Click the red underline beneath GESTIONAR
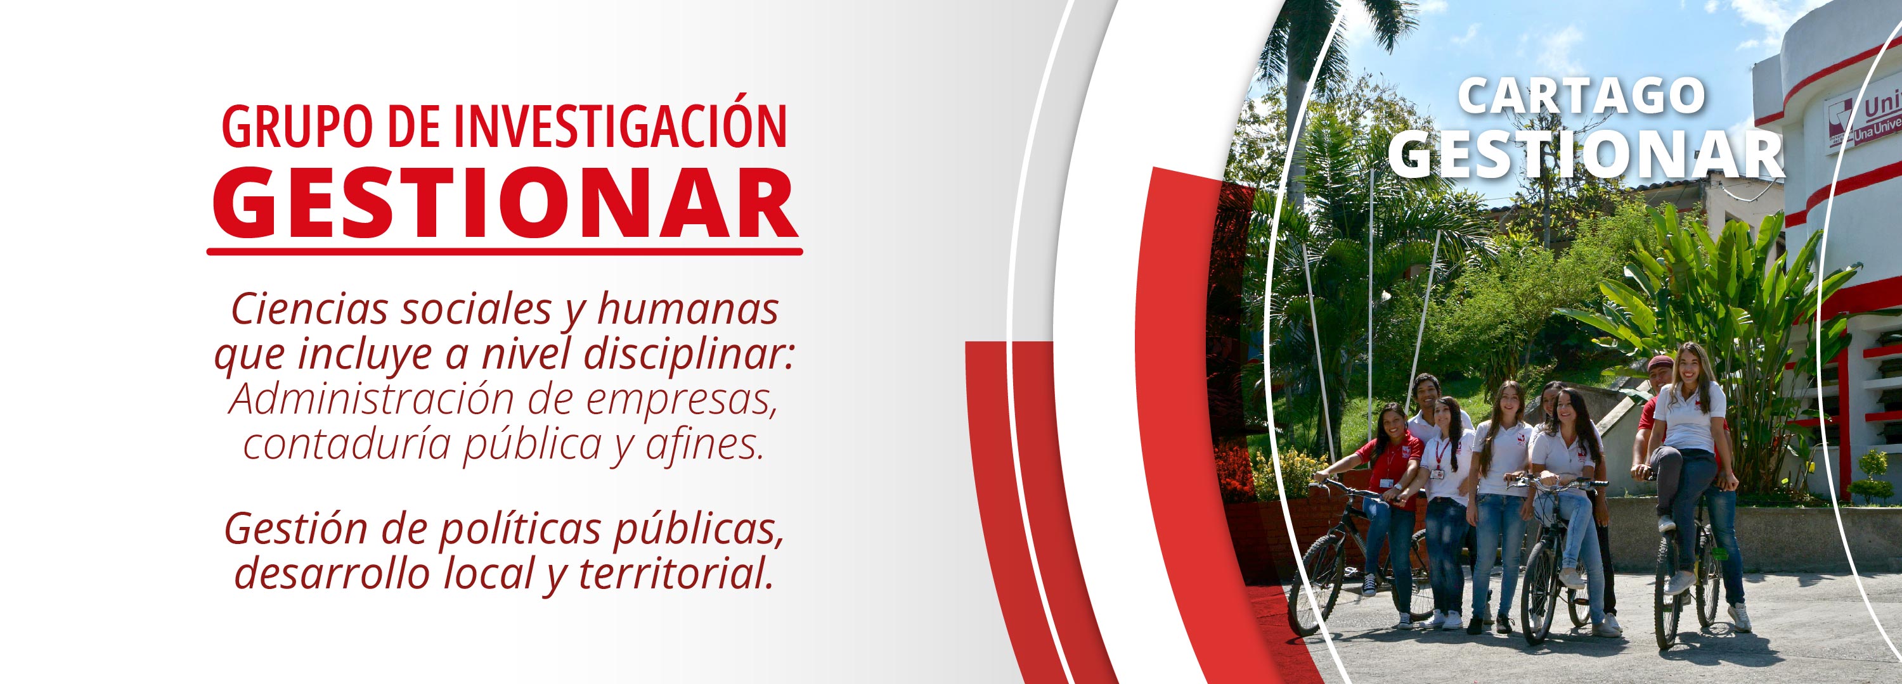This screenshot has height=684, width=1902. coord(504,251)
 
